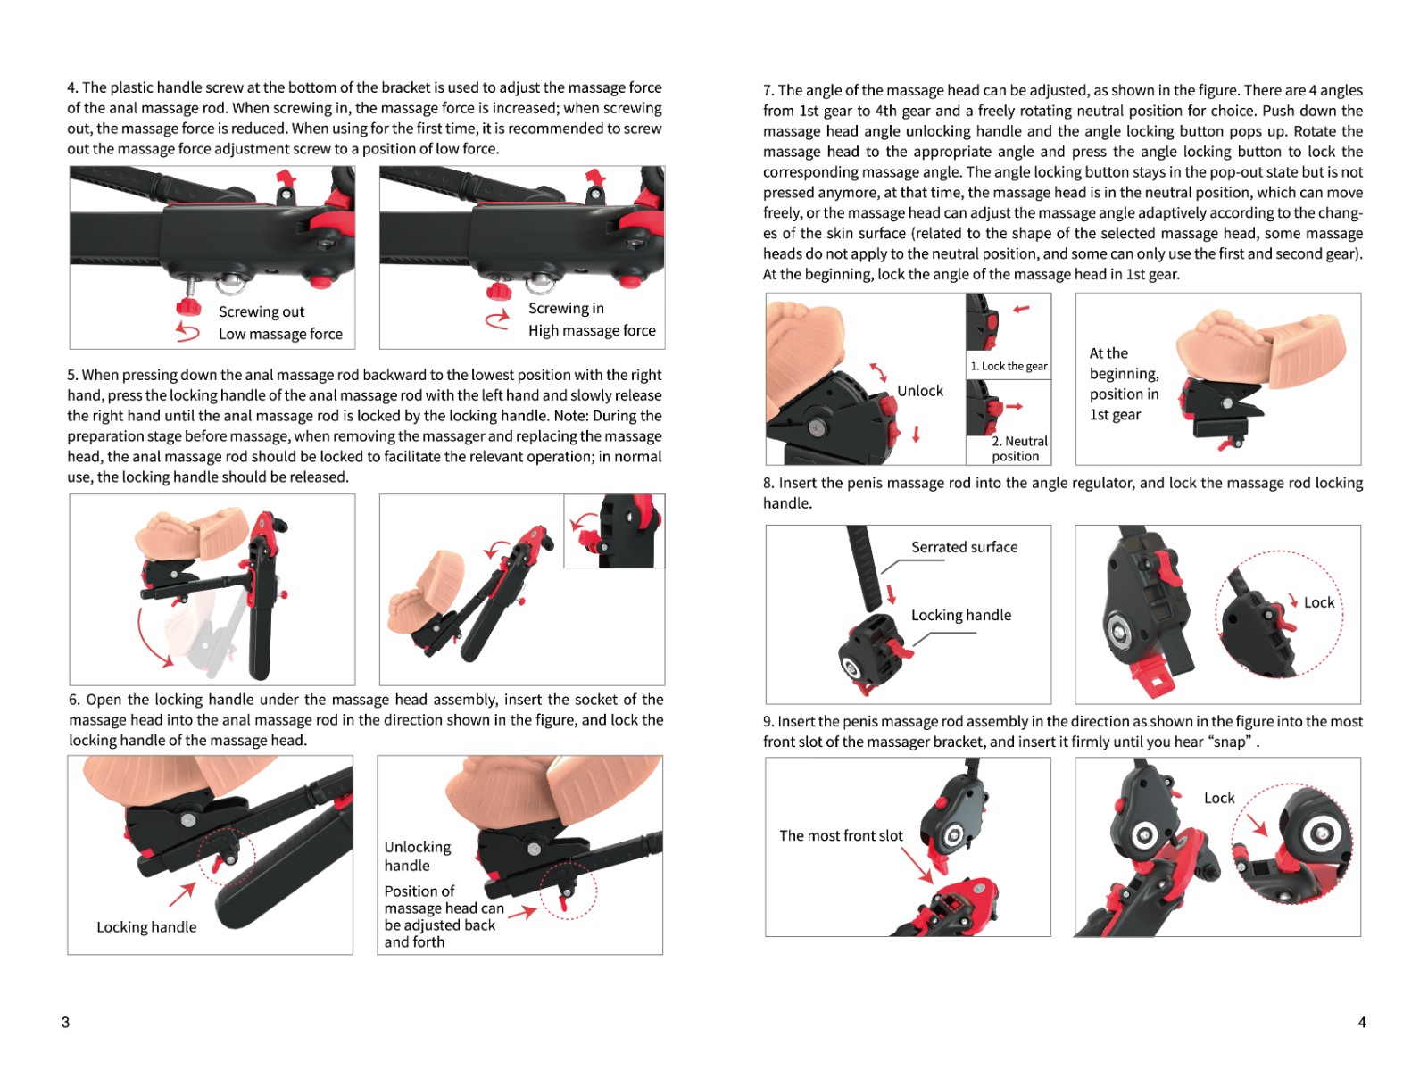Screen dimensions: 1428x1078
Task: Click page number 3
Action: point(66,1022)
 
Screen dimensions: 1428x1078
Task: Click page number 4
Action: point(1362,1022)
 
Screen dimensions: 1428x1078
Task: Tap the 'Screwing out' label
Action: point(261,311)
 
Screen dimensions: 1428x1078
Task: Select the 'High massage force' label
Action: point(592,330)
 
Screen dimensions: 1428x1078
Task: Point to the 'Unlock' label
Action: point(919,391)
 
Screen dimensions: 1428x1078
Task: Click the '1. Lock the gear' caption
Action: point(1009,366)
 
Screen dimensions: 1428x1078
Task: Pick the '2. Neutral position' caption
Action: point(1019,449)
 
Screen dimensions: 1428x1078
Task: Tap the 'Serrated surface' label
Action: point(964,547)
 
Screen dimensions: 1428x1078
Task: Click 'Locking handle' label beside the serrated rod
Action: point(961,615)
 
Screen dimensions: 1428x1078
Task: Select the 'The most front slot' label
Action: point(841,835)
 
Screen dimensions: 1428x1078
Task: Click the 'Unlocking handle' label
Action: point(417,856)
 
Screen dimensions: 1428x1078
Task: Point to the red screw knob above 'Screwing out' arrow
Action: point(188,306)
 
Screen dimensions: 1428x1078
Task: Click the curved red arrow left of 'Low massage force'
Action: point(187,332)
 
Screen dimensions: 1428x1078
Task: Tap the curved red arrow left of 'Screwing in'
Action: point(498,319)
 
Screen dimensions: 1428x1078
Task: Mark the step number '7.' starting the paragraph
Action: point(768,90)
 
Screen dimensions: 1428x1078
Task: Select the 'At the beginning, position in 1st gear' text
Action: point(1125,384)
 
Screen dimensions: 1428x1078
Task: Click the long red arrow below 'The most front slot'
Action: point(917,865)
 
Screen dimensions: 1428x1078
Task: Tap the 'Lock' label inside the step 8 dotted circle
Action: point(1319,602)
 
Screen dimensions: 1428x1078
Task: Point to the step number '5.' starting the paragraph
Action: point(72,375)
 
